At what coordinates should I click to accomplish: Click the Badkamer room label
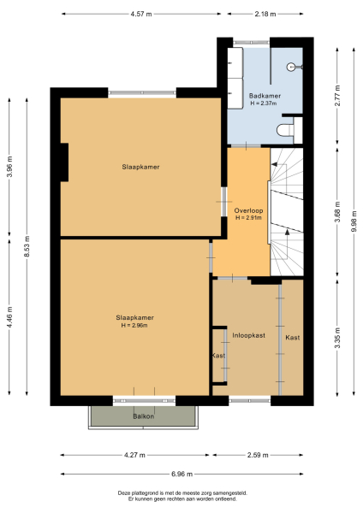[265, 96]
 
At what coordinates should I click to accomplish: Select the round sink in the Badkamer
[294, 66]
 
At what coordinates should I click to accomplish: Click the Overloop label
[247, 210]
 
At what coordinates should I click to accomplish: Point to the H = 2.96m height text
[134, 326]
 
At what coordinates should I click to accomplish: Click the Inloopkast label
[249, 336]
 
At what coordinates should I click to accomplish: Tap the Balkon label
[143, 416]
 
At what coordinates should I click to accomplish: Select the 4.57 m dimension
[142, 15]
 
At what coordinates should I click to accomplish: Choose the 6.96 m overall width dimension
[181, 474]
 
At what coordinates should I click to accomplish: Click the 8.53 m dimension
[27, 251]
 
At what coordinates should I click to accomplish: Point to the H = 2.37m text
[265, 104]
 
